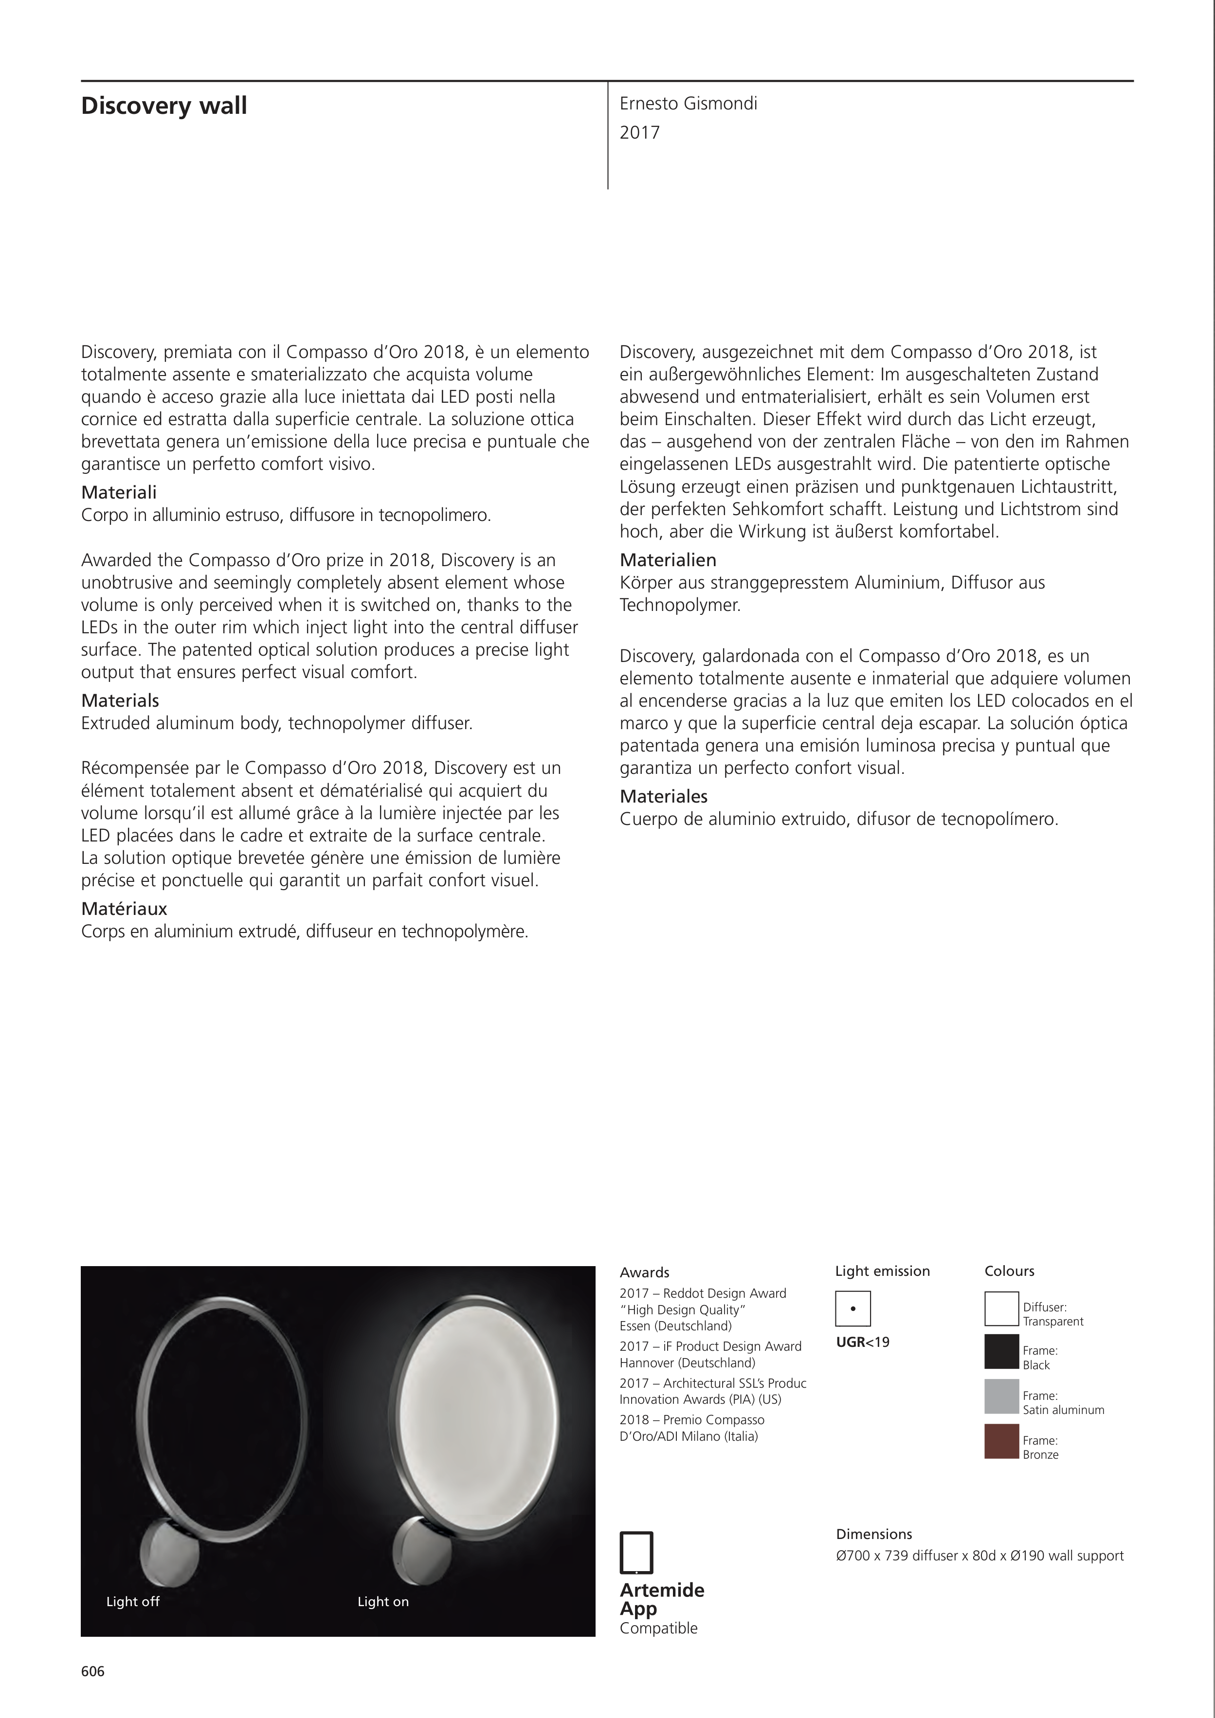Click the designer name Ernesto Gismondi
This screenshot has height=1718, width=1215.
click(x=688, y=104)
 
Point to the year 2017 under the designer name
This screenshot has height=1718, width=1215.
click(x=639, y=133)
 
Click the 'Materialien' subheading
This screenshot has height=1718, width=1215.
click(x=668, y=560)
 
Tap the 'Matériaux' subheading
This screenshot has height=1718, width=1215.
click(x=124, y=909)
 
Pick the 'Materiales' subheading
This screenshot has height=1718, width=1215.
click(x=663, y=796)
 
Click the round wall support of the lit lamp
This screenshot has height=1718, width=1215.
click(x=419, y=1550)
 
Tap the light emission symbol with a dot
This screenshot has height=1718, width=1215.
click(x=852, y=1309)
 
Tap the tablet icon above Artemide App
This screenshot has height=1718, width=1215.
click(x=636, y=1553)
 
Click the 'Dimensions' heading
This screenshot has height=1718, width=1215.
click(x=873, y=1534)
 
